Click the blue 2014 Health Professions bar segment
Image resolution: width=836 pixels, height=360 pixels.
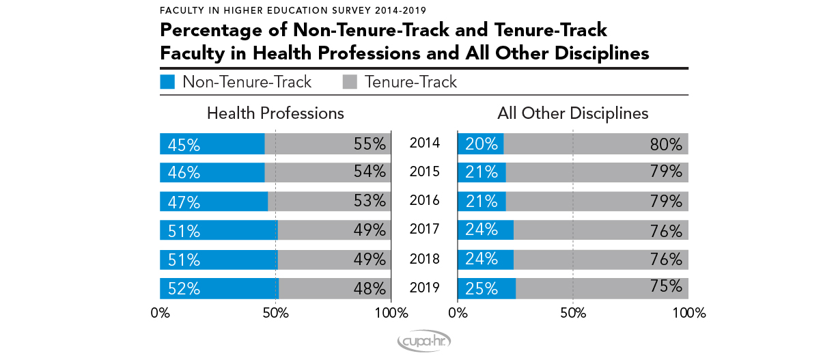click(212, 144)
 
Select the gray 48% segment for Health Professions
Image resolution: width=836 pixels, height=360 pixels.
click(335, 289)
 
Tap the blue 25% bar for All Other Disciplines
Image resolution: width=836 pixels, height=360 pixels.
click(486, 289)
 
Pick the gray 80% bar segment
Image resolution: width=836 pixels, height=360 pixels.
click(596, 144)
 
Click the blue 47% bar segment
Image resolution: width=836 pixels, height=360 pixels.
click(214, 202)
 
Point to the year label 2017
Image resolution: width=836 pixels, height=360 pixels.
click(424, 230)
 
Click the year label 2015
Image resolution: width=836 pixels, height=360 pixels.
click(424, 172)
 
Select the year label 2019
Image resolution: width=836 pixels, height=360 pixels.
click(424, 288)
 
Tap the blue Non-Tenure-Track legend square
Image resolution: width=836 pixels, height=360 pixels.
click(167, 83)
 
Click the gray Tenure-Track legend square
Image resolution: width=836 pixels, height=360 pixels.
click(348, 83)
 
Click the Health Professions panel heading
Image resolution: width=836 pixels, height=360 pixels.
click(275, 113)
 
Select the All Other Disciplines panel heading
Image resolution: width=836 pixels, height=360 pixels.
click(572, 113)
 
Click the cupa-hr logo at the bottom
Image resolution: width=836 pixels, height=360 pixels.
click(423, 342)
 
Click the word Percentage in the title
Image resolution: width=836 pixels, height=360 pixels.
click(210, 31)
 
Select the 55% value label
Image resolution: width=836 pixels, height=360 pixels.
click(370, 144)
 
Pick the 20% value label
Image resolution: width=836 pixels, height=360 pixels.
click(482, 144)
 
